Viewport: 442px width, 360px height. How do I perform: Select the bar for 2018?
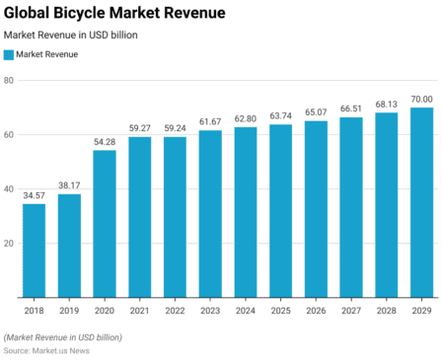pos(34,251)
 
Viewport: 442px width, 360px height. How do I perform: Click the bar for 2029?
pos(421,202)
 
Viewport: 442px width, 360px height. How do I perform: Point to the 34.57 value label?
pos(34,196)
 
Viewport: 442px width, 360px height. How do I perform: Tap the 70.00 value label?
pos(421,100)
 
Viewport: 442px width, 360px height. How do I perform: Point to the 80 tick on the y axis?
pos(8,80)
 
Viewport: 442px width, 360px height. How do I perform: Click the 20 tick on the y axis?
pos(8,244)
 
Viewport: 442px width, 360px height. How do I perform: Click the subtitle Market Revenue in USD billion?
pos(71,35)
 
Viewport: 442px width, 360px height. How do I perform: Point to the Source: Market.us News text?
pos(46,350)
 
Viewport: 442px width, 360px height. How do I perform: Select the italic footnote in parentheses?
pos(63,337)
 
